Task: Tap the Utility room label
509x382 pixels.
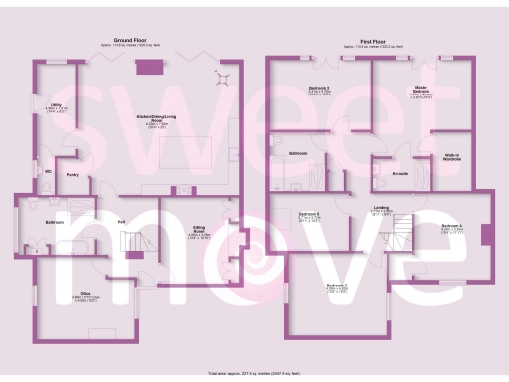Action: pyautogui.click(x=44, y=103)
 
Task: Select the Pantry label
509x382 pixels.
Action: pyautogui.click(x=72, y=174)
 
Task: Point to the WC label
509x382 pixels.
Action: pyautogui.click(x=47, y=168)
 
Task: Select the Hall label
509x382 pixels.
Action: pyautogui.click(x=121, y=221)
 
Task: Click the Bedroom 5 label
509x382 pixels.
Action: pyautogui.click(x=309, y=214)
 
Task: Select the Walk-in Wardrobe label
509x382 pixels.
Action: pyautogui.click(x=450, y=157)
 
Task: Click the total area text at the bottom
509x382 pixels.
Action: pyautogui.click(x=254, y=374)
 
